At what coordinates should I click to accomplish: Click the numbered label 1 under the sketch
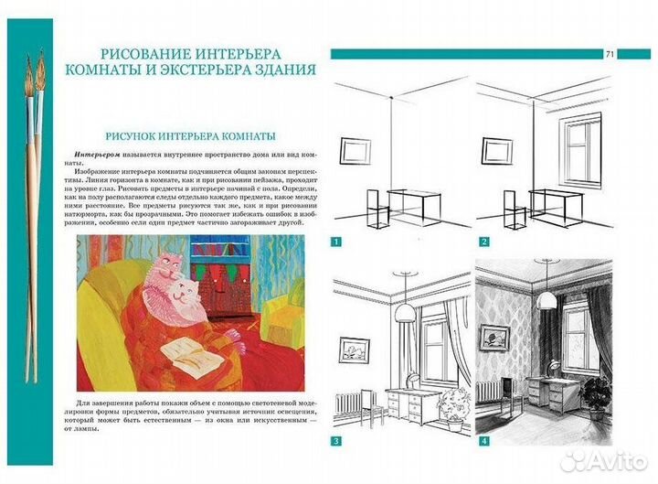336,242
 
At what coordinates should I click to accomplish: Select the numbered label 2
484,242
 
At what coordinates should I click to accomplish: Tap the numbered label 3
336,441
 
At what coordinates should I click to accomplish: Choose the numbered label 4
484,441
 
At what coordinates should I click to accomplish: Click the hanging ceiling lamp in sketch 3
405,307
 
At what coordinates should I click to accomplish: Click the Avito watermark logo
604,462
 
